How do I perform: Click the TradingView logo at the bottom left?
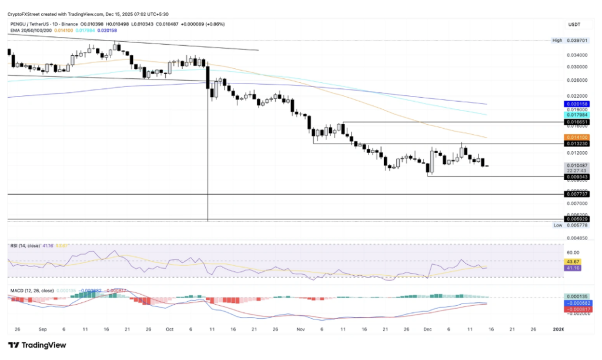[36, 345]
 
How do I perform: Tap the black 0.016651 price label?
[577, 122]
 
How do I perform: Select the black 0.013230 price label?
[577, 143]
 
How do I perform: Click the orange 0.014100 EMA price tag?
[577, 137]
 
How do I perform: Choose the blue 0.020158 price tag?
[577, 104]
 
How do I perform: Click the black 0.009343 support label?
[577, 176]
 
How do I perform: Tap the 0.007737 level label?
[577, 194]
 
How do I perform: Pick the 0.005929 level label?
[577, 219]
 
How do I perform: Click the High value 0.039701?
[577, 41]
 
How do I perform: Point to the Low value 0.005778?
[577, 225]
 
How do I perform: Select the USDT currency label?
[574, 24]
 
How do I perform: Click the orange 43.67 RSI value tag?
[573, 261]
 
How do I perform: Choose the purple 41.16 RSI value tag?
[573, 268]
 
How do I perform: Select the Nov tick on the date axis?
[300, 329]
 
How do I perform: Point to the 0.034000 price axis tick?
[577, 55]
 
